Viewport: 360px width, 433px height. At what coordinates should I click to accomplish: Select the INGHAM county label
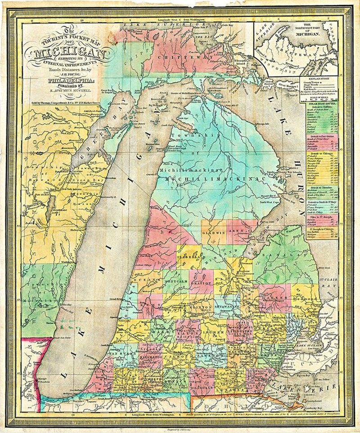point(214,332)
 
